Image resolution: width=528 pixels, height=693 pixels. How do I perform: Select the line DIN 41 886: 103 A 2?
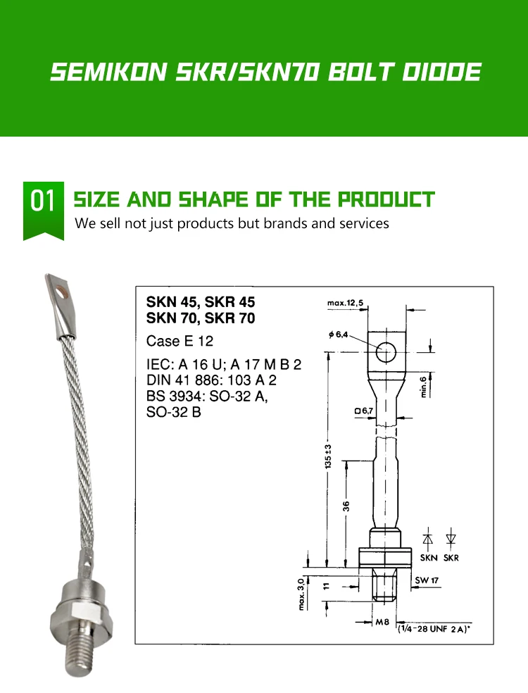click(x=211, y=380)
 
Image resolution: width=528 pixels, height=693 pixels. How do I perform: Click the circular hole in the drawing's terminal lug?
click(x=386, y=351)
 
